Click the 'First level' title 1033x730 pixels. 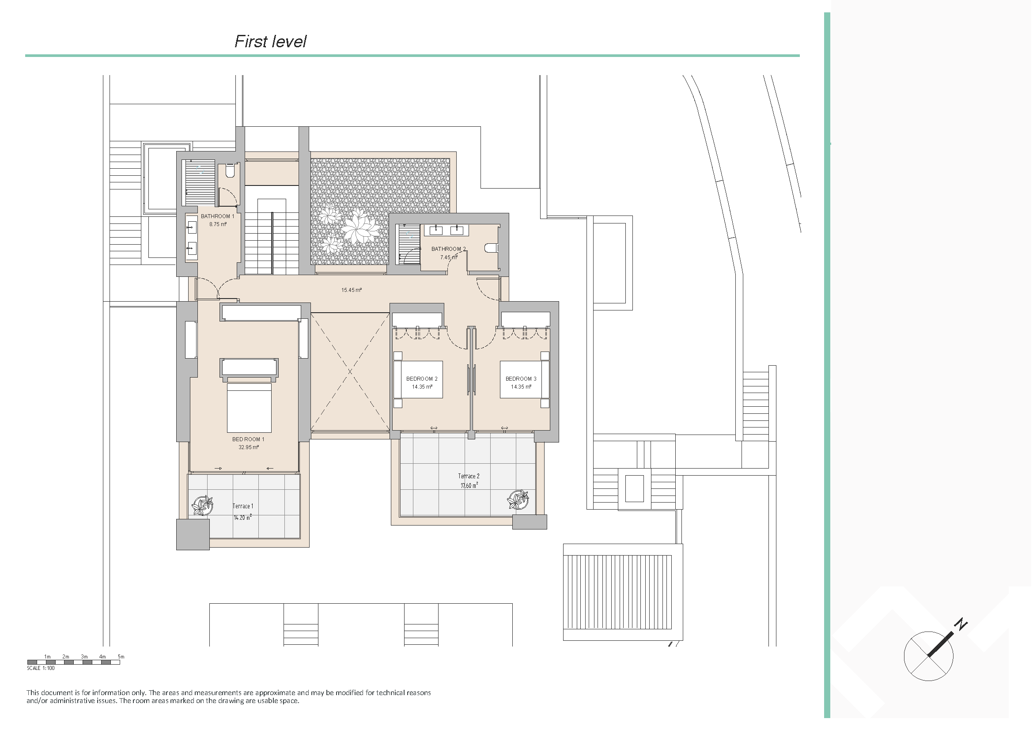click(x=270, y=42)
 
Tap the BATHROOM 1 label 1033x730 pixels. click(x=218, y=216)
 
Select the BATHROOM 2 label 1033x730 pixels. click(x=449, y=249)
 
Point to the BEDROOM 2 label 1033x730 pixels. click(x=422, y=379)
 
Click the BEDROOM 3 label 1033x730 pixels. click(x=521, y=379)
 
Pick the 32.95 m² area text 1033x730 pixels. click(x=249, y=447)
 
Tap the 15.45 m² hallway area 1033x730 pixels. click(x=352, y=290)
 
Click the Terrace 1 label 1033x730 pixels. click(x=243, y=506)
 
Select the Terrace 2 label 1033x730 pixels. click(x=469, y=476)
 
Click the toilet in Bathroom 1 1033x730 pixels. click(x=229, y=170)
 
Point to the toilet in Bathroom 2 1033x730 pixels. click(x=491, y=248)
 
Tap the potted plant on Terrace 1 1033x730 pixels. click(x=202, y=506)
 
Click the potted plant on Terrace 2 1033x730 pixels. click(x=518, y=499)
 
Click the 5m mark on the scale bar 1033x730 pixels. click(x=121, y=657)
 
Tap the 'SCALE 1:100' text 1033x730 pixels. click(x=41, y=668)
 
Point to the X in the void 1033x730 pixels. click(x=350, y=371)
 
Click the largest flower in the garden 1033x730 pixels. click(x=359, y=227)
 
